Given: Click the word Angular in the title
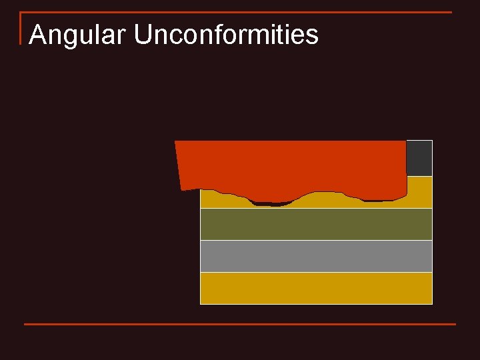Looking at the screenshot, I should [76, 35].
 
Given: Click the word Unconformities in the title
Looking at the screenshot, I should [226, 35].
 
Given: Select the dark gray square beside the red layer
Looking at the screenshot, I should [419, 158].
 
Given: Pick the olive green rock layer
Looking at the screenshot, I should [316, 224].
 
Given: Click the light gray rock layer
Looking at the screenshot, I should [316, 256].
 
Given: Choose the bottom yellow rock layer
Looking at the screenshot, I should [316, 288].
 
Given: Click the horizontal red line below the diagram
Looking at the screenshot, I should [240, 324].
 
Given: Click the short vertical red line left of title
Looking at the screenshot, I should [21, 28].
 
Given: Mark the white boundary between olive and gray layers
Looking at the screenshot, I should [316, 240].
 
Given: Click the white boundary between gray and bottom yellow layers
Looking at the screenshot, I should [316, 272].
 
